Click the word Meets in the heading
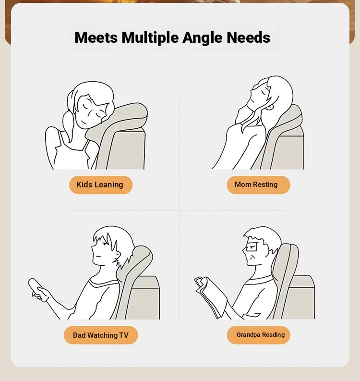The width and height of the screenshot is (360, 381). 96,37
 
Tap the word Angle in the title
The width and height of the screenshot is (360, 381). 203,38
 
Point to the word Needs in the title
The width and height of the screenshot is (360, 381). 248,37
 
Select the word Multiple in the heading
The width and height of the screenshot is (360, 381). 150,38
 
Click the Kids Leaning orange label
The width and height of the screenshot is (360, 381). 101,185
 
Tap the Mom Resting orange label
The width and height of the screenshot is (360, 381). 259,185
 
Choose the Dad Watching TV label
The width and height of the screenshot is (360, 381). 101,335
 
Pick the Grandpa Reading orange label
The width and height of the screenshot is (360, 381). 259,335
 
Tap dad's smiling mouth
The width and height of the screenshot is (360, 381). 97,256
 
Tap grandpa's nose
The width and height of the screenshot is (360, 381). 244,251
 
